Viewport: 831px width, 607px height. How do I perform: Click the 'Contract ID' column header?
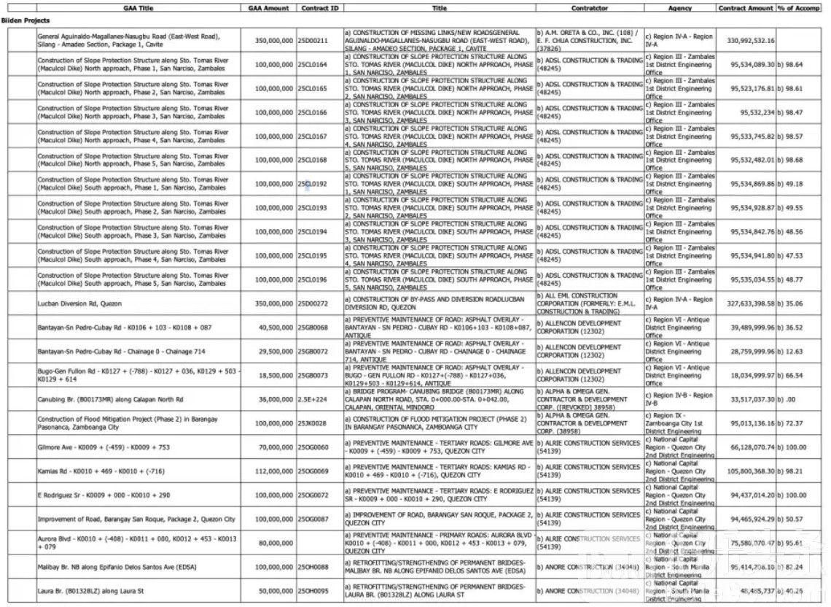319,8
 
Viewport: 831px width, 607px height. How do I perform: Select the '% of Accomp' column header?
799,8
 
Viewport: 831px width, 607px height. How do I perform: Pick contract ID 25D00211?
313,41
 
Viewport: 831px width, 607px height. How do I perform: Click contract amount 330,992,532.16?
751,41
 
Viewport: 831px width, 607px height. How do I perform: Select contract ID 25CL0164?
313,65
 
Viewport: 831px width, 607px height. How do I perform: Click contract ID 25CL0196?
313,279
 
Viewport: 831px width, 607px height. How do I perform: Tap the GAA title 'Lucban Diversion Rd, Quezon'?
80,303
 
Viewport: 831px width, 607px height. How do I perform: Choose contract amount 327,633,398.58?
751,303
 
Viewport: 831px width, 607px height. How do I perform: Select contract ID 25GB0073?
313,376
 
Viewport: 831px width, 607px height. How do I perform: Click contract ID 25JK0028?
313,423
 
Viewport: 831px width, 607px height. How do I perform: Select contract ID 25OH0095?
313,591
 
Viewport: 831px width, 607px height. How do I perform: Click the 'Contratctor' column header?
590,8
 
